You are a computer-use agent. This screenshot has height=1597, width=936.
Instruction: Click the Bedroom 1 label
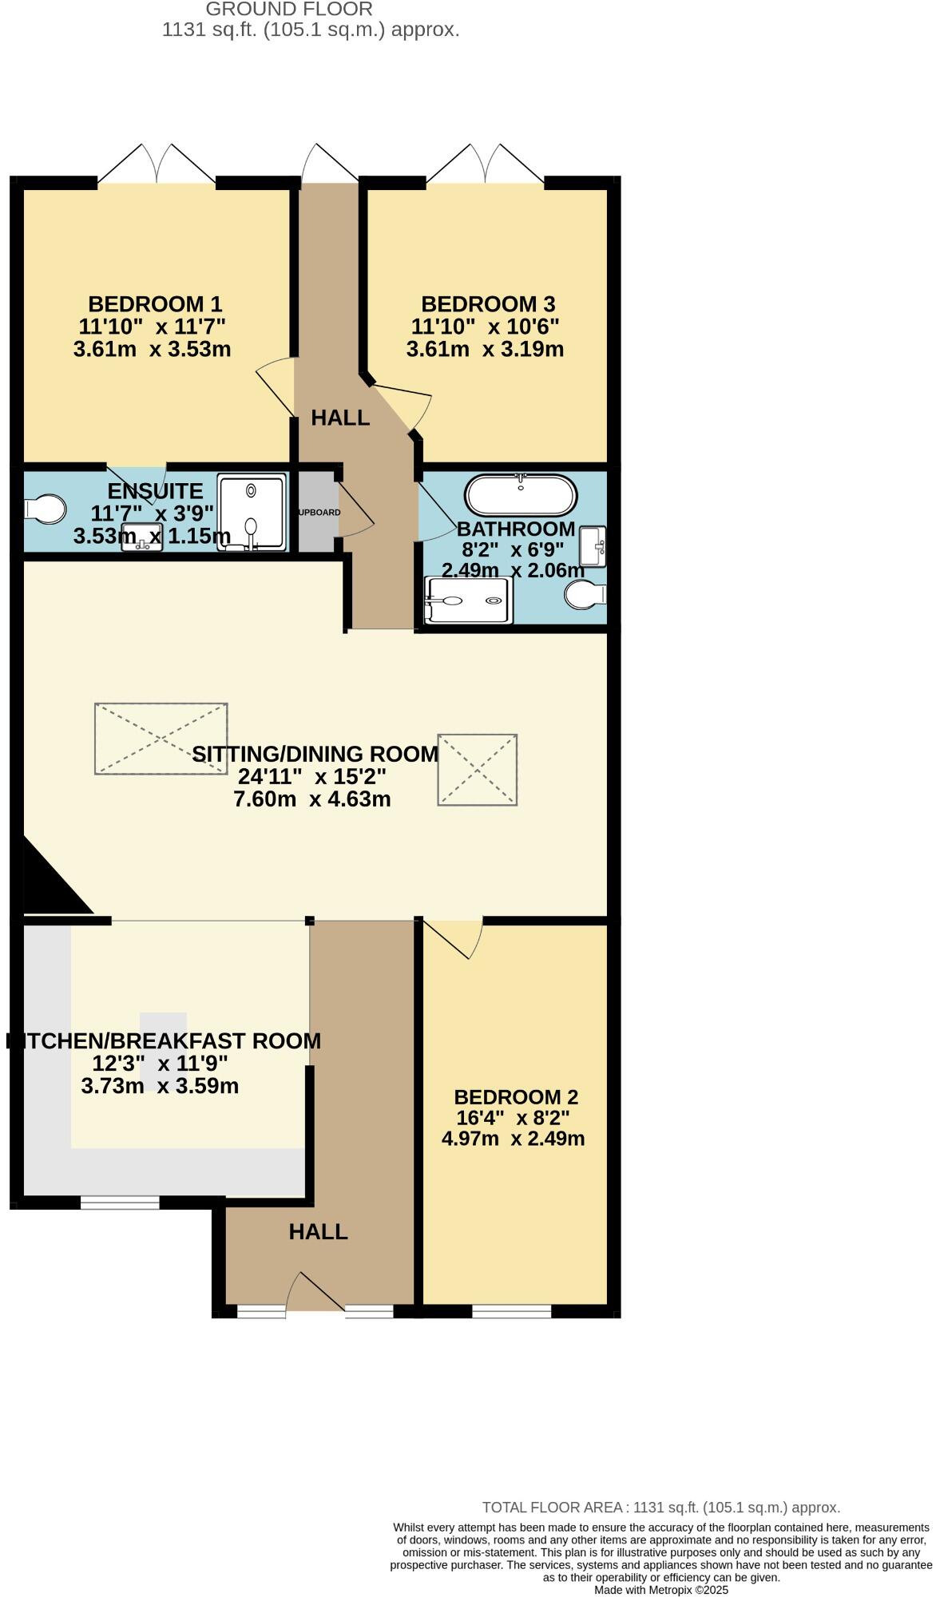tap(155, 304)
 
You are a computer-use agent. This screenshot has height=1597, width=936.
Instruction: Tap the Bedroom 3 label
tap(488, 304)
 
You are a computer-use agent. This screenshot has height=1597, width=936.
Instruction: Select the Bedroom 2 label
tap(516, 1097)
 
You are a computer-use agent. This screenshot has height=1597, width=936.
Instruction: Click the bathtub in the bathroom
tap(521, 496)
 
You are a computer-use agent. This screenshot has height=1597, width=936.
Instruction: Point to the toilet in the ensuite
tap(46, 508)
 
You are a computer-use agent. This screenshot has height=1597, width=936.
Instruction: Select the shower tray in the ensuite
tap(252, 513)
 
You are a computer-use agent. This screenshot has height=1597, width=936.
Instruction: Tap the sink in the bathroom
tap(593, 546)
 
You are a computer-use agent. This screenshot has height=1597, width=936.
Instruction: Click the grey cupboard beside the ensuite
tap(317, 512)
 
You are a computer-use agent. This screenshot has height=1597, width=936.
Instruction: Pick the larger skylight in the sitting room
tap(161, 739)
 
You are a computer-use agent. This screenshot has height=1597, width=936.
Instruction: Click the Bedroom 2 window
tap(512, 1311)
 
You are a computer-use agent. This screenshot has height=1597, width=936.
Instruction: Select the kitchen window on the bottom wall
tap(121, 1203)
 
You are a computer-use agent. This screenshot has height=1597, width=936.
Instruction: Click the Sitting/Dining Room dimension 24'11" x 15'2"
tap(312, 776)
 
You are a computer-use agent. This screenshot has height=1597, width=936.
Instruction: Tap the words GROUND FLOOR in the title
tap(289, 10)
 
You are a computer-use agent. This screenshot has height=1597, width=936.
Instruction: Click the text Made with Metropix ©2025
tap(661, 1590)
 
